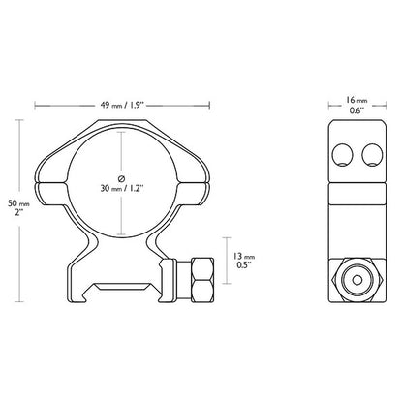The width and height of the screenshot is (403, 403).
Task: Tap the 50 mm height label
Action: [13, 203]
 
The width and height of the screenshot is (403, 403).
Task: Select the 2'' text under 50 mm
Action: [13, 215]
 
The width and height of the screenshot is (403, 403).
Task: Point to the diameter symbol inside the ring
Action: [121, 177]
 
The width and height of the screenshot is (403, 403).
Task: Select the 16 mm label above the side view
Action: [356, 99]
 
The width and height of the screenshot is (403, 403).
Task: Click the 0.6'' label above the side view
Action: [356, 110]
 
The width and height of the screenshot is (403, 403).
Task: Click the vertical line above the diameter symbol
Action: [121, 150]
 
